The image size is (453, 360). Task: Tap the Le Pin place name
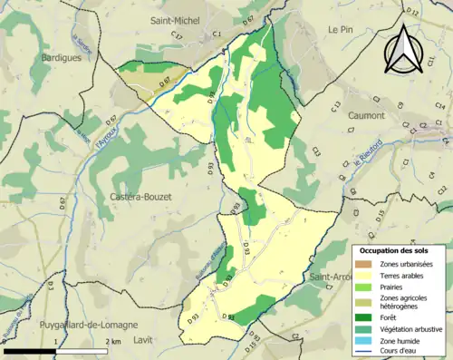point(340,30)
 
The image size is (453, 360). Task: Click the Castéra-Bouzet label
point(143,197)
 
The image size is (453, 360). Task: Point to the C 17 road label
point(177,36)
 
